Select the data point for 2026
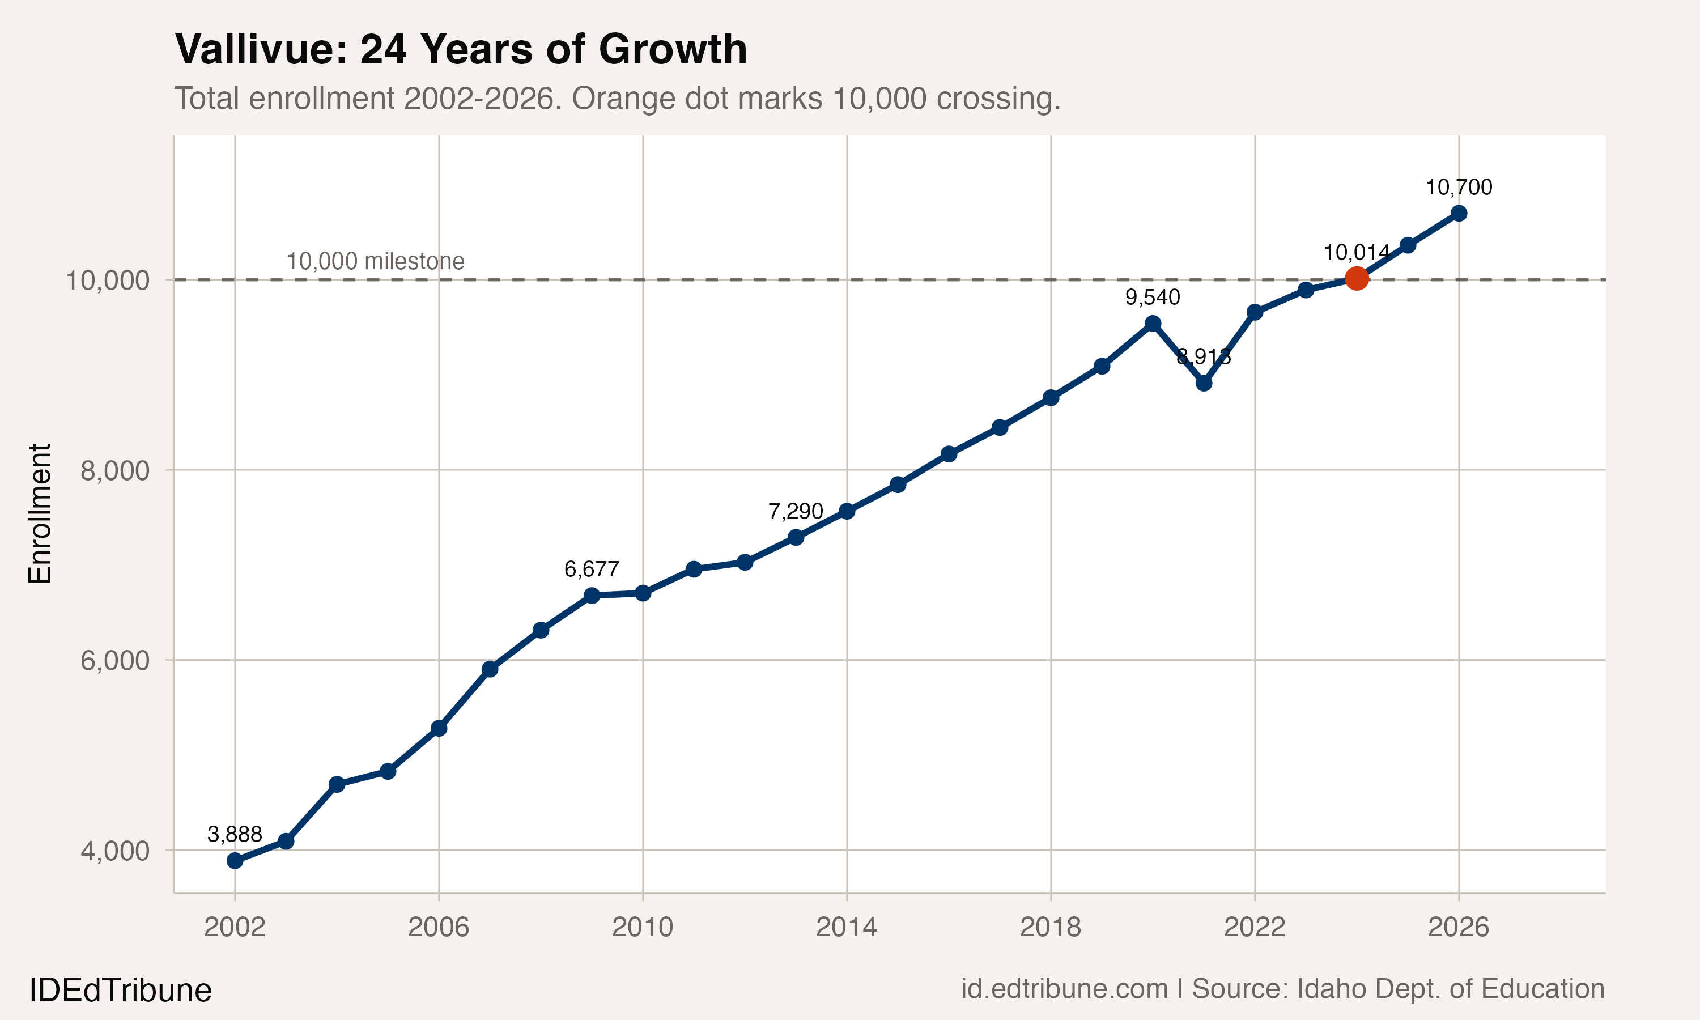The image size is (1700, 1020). click(x=1459, y=213)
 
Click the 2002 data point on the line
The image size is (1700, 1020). click(x=235, y=861)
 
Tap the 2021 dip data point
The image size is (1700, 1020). click(x=1204, y=383)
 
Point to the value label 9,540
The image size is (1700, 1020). click(x=1153, y=297)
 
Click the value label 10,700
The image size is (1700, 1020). click(x=1459, y=188)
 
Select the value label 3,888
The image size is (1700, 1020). click(x=235, y=835)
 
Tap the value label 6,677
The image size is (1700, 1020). click(x=592, y=569)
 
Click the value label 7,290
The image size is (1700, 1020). click(x=796, y=511)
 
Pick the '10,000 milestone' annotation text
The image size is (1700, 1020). click(x=375, y=261)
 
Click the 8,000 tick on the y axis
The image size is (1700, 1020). click(x=115, y=471)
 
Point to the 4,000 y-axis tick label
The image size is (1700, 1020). click(x=115, y=851)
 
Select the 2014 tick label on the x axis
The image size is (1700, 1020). click(x=846, y=927)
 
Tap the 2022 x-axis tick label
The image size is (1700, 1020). click(x=1254, y=927)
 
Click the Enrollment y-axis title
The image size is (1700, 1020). click(x=40, y=513)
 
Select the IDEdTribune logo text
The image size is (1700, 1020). click(x=120, y=991)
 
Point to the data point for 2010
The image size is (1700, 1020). click(x=643, y=593)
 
